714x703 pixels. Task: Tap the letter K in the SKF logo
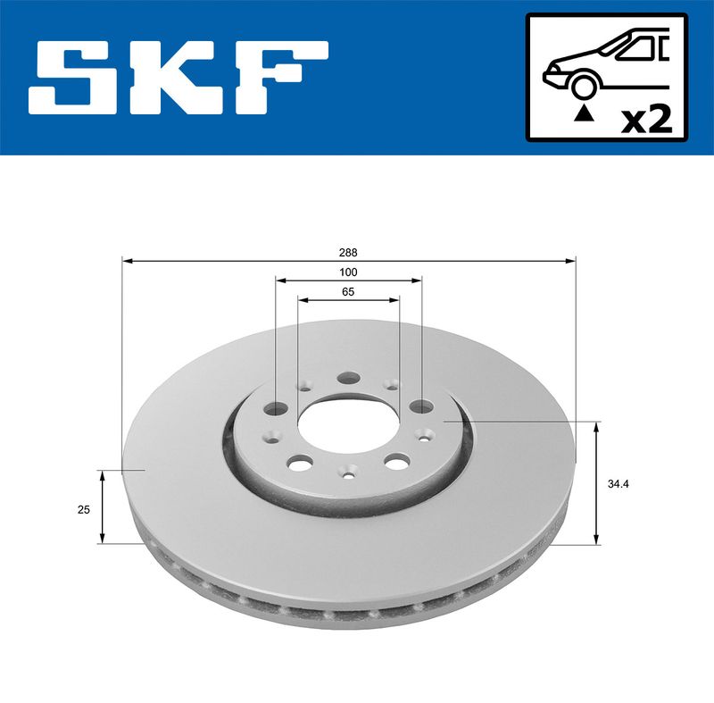(x=178, y=78)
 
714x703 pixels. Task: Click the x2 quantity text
(x=646, y=121)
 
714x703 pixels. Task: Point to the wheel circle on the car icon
(x=585, y=86)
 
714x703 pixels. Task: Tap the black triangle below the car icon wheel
(x=585, y=113)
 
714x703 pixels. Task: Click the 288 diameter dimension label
(x=348, y=253)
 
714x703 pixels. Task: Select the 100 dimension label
(x=348, y=272)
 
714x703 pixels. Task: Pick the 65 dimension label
(x=348, y=292)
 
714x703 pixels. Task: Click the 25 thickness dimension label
(x=83, y=510)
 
